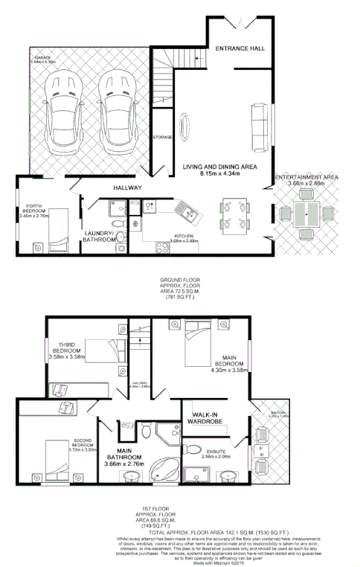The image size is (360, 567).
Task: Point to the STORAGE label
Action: pos(163,138)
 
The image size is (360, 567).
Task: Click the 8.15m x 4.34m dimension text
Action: pos(221,174)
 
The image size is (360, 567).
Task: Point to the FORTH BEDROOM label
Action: pos(36,211)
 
